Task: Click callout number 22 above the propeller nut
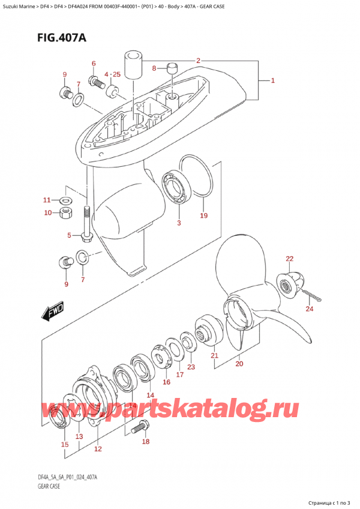[289, 259]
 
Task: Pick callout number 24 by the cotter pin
[310, 310]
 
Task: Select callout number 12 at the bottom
[97, 449]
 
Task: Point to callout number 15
[65, 445]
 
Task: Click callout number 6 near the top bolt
[93, 64]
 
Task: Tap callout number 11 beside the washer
[47, 200]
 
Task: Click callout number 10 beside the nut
[47, 212]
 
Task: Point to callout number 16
[166, 382]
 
